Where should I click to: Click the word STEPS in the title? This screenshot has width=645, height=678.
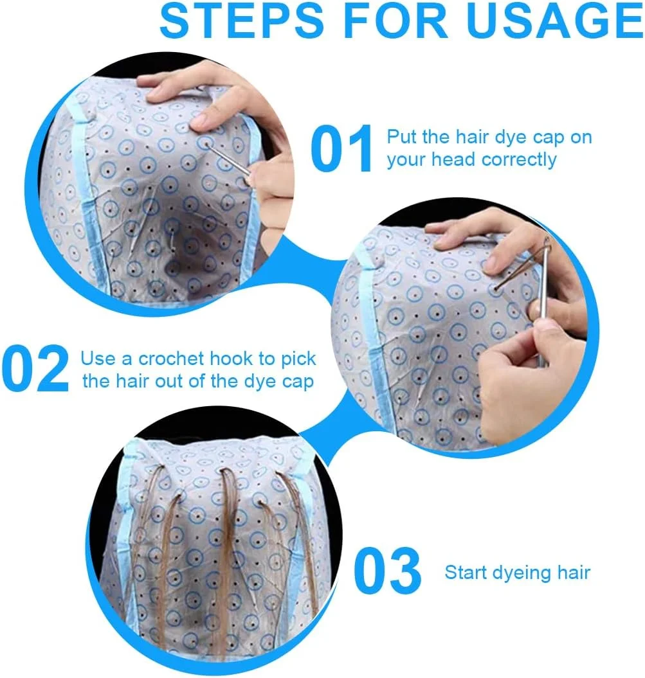tap(241, 21)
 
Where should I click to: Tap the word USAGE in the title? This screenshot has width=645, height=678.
tap(555, 21)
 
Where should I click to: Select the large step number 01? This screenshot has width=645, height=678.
tap(341, 148)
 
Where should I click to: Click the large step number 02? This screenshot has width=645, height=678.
tap(35, 368)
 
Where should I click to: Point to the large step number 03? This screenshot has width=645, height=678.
tap(387, 570)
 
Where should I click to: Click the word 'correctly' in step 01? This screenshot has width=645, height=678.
tap(519, 160)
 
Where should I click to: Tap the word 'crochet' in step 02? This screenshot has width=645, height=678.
tap(171, 359)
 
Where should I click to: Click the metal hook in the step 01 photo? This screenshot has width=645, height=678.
tap(228, 159)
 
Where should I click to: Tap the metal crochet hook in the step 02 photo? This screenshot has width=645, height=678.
tap(543, 303)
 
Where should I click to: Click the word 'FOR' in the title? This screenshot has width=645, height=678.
tap(395, 21)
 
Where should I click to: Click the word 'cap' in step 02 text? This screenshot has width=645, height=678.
tap(298, 383)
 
